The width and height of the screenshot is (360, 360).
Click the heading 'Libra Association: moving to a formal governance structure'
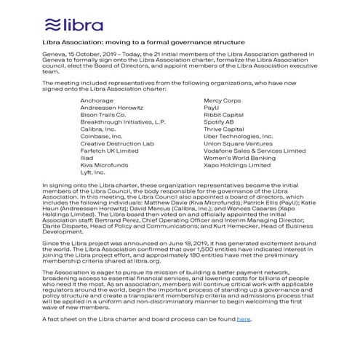(144, 44)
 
